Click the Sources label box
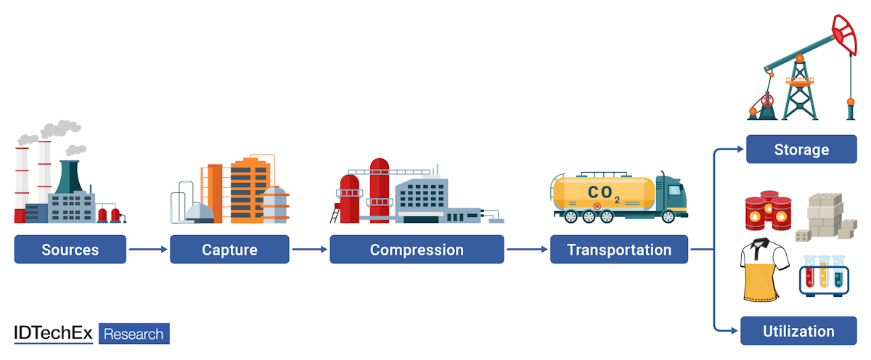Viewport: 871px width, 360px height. coord(70,250)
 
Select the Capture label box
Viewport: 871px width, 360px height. coord(229,250)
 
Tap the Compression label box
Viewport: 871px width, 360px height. coord(417,250)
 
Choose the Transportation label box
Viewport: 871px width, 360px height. coord(619,250)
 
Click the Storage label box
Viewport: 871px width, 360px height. coord(801,150)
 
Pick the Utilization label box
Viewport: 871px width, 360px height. coord(798,331)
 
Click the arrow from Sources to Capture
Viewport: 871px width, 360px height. coord(148,250)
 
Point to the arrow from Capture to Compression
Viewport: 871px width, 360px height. coord(309,250)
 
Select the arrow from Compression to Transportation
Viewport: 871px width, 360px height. coord(527,250)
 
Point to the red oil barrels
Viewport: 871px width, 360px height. coord(769,211)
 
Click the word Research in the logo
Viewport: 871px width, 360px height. coord(134,334)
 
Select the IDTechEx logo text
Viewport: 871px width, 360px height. coord(54,334)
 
